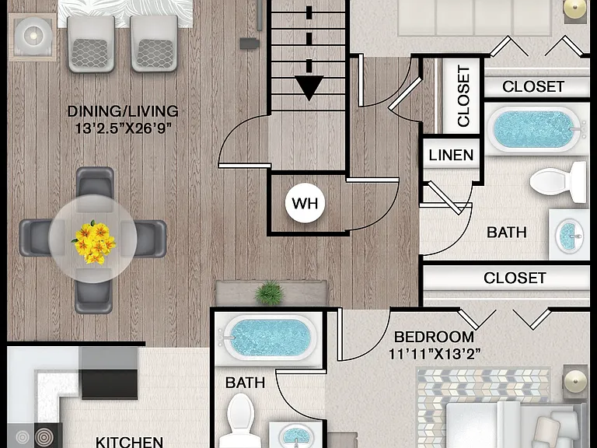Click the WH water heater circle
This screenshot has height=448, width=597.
[305, 203]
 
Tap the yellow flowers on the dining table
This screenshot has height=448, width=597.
[93, 242]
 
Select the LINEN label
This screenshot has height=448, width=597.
[451, 155]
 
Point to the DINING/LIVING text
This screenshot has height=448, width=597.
[123, 111]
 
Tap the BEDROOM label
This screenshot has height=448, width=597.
[434, 337]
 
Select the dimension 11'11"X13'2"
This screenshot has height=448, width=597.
[435, 354]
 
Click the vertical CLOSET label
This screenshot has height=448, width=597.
[463, 96]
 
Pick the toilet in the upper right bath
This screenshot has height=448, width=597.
[558, 182]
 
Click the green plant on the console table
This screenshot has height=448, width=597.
[270, 292]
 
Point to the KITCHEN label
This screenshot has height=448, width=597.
[129, 443]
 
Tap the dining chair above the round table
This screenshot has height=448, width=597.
[95, 187]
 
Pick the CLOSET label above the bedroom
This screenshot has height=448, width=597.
[515, 278]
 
